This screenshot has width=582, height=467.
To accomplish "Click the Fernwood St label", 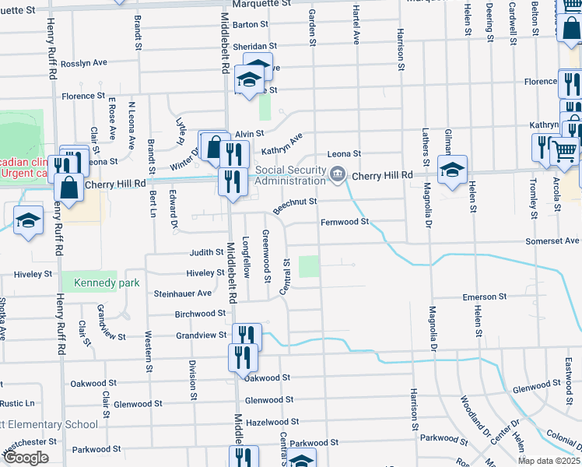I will tap(344, 223).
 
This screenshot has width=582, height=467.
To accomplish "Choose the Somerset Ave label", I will tap(552, 241).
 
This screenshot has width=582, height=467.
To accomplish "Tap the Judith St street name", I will tap(207, 253).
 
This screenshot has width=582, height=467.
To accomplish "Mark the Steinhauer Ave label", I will tap(183, 293).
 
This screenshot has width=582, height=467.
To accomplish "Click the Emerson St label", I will tap(484, 297).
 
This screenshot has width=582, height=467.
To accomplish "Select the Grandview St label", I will tap(202, 335).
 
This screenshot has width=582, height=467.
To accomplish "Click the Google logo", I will tap(26, 458).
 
